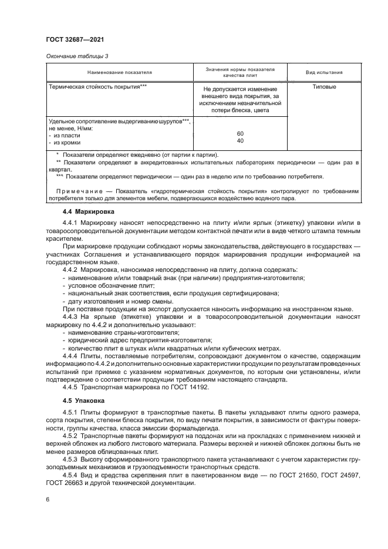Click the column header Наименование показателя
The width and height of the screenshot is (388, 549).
tap(120, 72)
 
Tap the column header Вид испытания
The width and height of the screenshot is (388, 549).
tap(325, 72)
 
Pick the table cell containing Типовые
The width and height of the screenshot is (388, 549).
tap(325, 87)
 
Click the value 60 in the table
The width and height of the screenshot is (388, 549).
tap(240, 134)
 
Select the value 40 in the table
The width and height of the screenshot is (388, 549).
tap(240, 141)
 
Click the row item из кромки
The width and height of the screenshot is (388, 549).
tap(67, 142)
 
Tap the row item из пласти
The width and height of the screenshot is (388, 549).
tap(66, 134)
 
